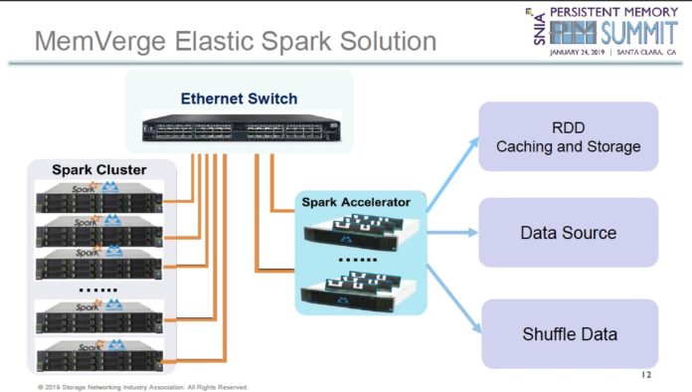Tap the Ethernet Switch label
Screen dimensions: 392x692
(239, 98)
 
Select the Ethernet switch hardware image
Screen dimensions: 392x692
(239, 128)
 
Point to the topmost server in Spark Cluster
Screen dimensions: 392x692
(96, 198)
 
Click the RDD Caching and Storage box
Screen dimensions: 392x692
(568, 137)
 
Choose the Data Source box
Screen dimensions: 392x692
(568, 233)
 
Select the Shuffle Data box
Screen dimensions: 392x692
(568, 333)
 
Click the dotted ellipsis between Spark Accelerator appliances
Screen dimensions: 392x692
(355, 264)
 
